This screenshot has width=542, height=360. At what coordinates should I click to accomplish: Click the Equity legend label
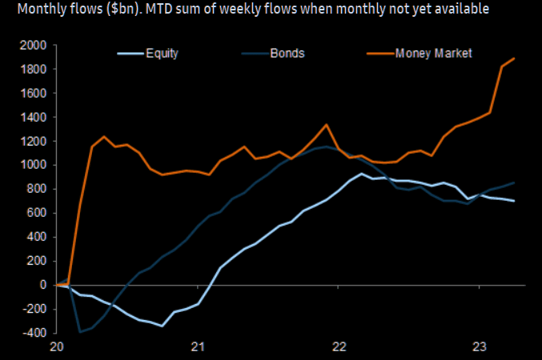(x=162, y=54)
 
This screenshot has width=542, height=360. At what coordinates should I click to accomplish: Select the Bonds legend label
(x=287, y=54)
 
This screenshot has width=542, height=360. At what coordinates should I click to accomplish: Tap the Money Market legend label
(x=433, y=54)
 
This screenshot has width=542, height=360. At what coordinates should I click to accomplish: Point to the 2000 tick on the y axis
(x=33, y=46)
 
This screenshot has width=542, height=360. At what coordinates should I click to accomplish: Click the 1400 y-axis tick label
(x=33, y=118)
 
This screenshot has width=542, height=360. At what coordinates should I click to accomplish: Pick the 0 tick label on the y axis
(x=43, y=285)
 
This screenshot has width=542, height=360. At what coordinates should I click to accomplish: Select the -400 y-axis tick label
(x=34, y=333)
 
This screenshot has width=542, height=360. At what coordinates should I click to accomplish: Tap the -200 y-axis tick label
(x=34, y=309)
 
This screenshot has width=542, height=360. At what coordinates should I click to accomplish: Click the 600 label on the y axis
(x=38, y=213)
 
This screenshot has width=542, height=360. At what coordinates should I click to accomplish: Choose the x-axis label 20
(x=56, y=346)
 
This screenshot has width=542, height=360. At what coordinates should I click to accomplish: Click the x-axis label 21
(x=198, y=346)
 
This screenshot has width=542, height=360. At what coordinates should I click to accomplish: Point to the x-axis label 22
(x=339, y=346)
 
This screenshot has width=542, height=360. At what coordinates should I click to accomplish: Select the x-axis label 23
(x=480, y=346)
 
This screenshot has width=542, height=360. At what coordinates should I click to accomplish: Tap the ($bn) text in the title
(x=122, y=9)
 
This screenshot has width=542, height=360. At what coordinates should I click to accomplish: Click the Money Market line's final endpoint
(x=514, y=58)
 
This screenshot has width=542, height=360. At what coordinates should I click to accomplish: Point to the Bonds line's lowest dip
(x=80, y=332)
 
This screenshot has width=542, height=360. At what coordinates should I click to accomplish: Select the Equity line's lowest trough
(x=162, y=326)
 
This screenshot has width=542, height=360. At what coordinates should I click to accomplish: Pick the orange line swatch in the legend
(x=380, y=54)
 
